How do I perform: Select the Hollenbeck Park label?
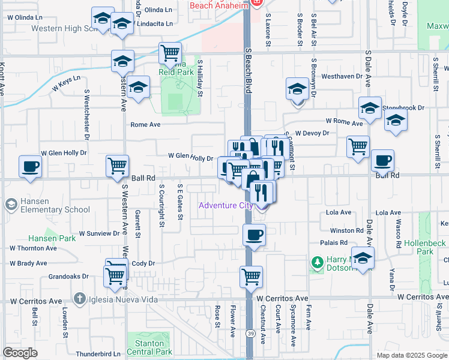[424, 247]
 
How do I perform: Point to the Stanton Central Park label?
[149, 347]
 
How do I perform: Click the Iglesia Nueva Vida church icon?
[79, 298]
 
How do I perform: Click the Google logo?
[20, 353]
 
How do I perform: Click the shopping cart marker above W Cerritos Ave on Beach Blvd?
[252, 277]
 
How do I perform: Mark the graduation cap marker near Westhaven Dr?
[297, 89]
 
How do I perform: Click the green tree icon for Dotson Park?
[316, 262]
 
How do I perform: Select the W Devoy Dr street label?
[312, 133]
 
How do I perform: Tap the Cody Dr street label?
[143, 263]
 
